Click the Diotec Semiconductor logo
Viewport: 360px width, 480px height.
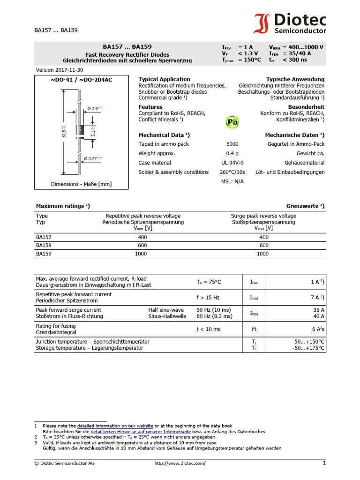tap(290, 24)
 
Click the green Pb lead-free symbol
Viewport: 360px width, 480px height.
tap(232, 122)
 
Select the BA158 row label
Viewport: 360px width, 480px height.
tap(44, 245)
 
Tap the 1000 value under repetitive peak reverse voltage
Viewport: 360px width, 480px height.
tap(142, 254)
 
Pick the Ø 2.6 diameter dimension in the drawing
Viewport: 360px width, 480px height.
tap(94, 109)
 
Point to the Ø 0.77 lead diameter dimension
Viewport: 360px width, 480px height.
tap(93, 158)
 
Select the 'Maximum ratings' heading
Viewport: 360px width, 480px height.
tap(63, 206)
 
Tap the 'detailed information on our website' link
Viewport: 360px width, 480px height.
tap(115, 426)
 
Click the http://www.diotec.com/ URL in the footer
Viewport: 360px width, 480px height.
tap(180, 463)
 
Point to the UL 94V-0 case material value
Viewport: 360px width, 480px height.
tap(232, 163)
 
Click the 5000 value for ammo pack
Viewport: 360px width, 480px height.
tap(232, 144)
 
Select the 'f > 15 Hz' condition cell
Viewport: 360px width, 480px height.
tap(208, 297)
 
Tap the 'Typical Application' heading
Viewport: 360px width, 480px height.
tap(164, 79)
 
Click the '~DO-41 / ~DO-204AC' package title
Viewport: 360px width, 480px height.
tap(81, 80)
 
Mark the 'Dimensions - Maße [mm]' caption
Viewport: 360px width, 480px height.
tap(81, 184)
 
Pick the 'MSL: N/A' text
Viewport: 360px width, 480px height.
tap(232, 181)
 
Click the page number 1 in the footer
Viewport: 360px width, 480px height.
tap(323, 463)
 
